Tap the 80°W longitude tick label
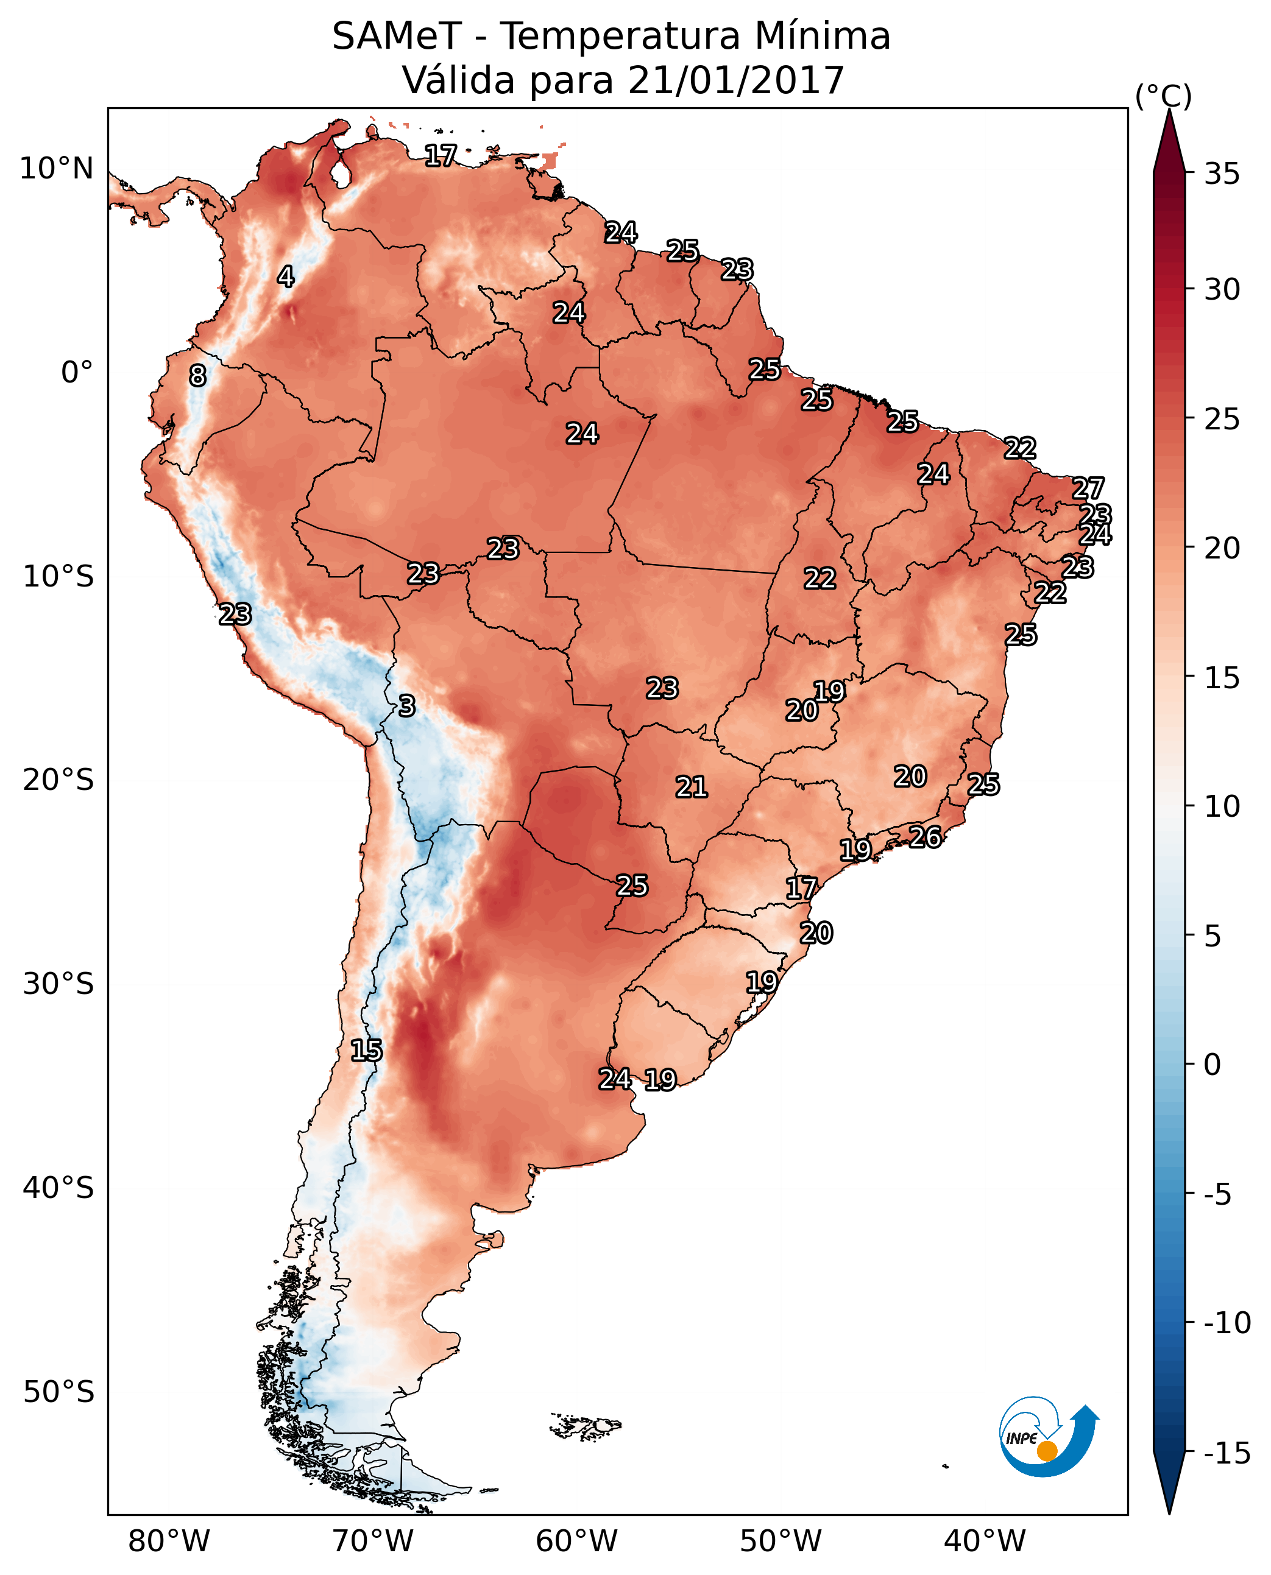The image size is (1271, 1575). tap(169, 1541)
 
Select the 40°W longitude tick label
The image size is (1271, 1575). tap(985, 1541)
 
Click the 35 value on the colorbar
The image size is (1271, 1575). tap(1222, 174)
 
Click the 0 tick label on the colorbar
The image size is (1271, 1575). tap(1213, 1065)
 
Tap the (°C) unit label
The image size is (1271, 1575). tap(1163, 96)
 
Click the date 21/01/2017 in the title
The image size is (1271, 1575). tap(736, 80)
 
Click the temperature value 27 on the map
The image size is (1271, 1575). tap(1088, 488)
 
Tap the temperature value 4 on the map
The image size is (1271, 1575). tap(286, 277)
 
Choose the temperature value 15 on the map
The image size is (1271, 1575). tap(366, 1050)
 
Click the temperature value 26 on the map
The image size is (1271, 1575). tap(926, 837)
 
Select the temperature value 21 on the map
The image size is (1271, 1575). tap(691, 787)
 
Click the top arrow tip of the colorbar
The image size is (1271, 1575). tap(1169, 111)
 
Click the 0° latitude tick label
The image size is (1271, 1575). tap(77, 373)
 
